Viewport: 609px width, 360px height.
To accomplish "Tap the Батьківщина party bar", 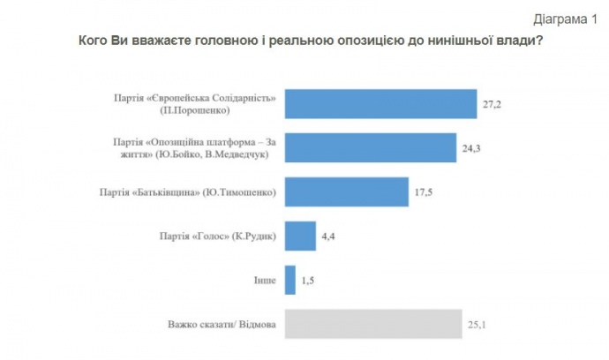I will point(347,191).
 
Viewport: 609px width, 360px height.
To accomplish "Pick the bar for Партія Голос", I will point(301,236).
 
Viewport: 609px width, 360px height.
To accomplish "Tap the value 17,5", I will point(425,191).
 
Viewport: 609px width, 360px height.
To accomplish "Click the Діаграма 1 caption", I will point(563,17).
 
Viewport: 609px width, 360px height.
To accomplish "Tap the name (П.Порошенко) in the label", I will point(195,111).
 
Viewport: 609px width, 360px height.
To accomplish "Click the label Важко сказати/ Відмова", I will point(222,325).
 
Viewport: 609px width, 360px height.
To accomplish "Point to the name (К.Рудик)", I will point(254,236).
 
